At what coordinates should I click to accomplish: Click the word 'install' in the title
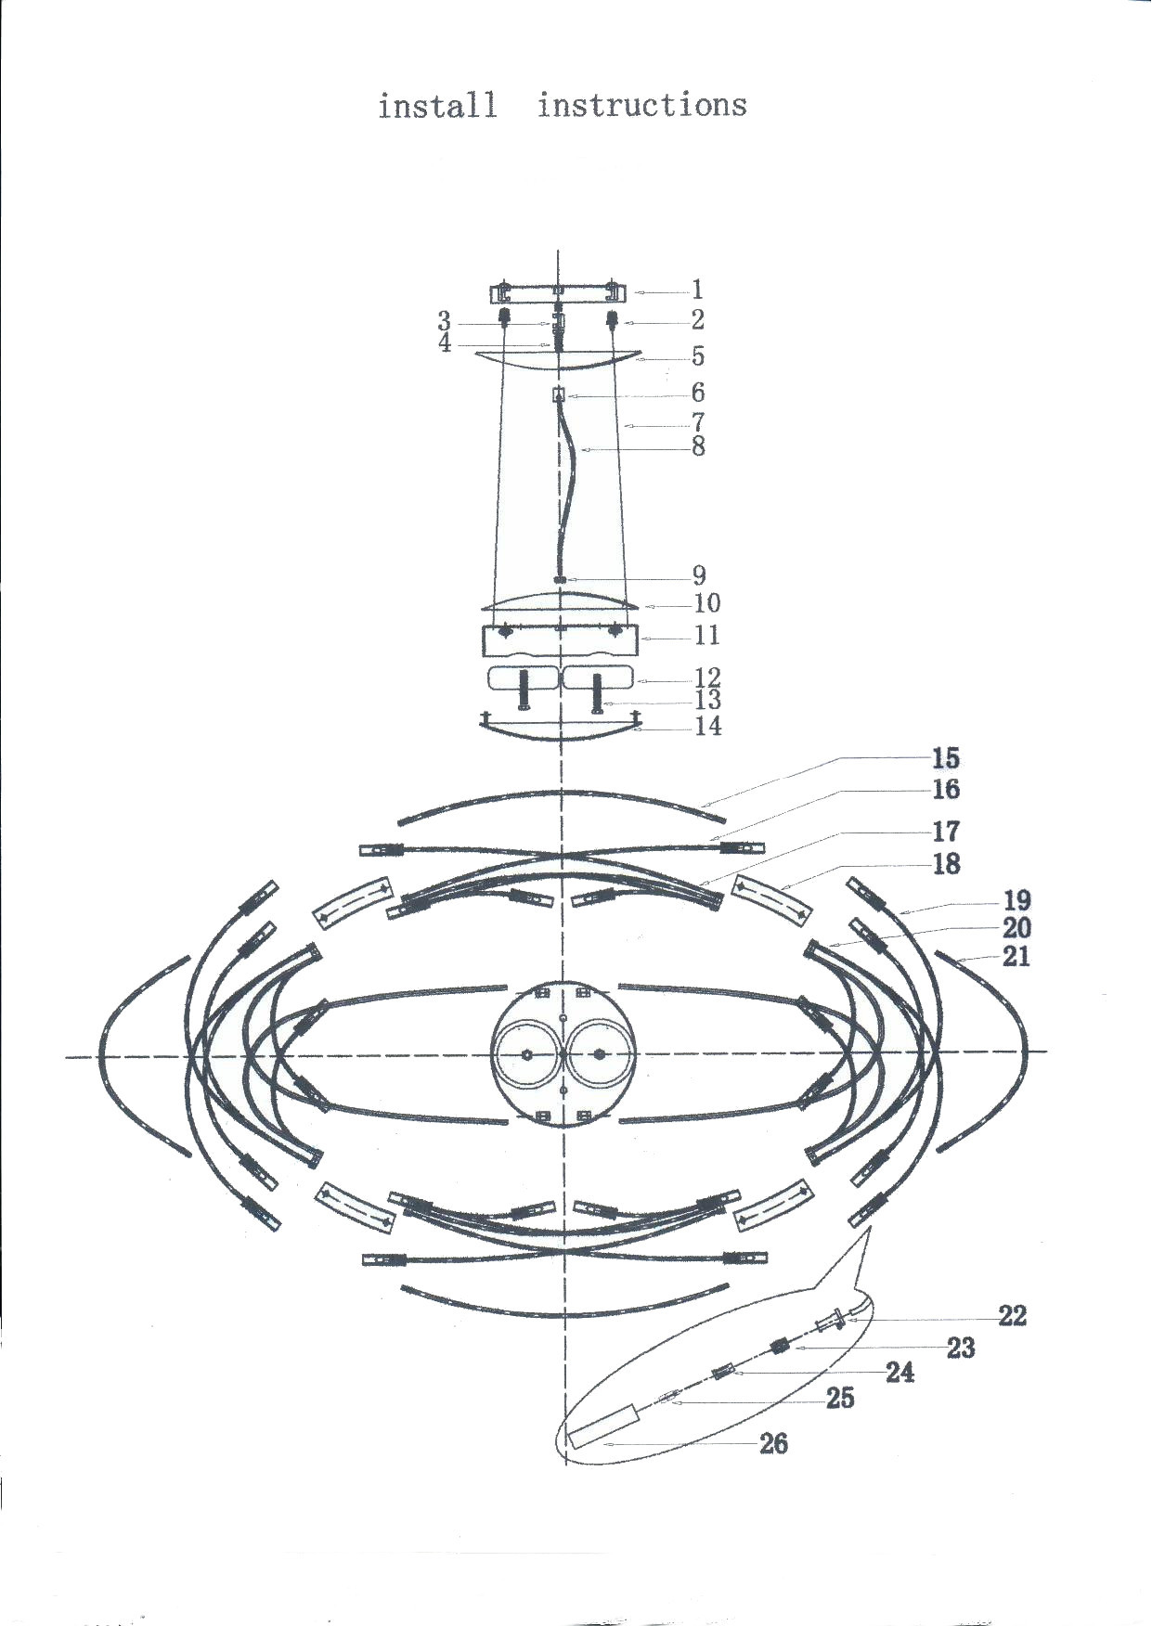coord(436,105)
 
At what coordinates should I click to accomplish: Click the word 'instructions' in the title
coord(642,104)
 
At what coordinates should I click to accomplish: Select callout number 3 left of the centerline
coord(445,321)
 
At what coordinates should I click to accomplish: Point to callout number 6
coord(698,392)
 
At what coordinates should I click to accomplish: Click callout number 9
coord(699,575)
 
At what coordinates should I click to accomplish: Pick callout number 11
coord(707,635)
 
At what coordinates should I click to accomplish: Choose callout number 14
coord(708,726)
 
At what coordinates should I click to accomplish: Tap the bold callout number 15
coord(946,758)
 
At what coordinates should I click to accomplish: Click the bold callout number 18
coord(946,864)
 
